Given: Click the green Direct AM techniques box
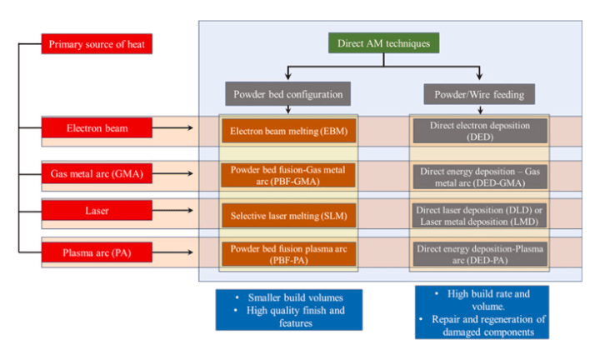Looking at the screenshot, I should [383, 43].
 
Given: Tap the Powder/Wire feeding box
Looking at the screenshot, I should [479, 93].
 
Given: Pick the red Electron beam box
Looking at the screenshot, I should [97, 128].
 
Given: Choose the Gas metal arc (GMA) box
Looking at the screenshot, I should [97, 173].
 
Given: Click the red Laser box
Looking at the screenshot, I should [97, 212].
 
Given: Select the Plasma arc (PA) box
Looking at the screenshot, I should [97, 252].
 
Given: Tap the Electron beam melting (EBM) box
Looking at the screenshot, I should [288, 131].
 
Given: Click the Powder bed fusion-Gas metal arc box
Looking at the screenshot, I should [288, 174].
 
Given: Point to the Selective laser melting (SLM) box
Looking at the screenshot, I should [288, 216].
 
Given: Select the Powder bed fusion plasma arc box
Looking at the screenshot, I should [288, 253].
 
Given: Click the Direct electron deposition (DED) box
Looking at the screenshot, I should [479, 131].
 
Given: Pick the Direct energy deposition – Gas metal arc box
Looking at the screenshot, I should [479, 176].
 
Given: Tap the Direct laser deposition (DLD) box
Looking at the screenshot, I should [479, 216].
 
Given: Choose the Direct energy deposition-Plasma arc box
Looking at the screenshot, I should [479, 253].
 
